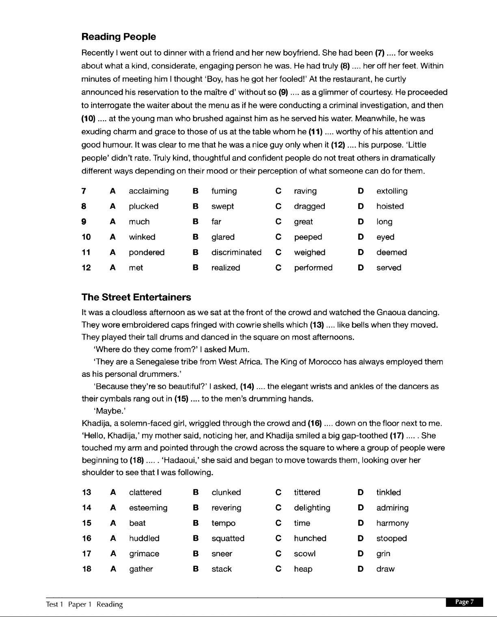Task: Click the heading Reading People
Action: pyautogui.click(x=119, y=37)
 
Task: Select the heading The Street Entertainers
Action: pyautogui.click(x=136, y=297)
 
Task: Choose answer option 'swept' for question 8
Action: pyautogui.click(x=223, y=206)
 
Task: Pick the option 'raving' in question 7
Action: pyautogui.click(x=305, y=191)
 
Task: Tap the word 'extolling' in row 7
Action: pyautogui.click(x=391, y=191)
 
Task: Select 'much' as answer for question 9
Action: pyautogui.click(x=139, y=222)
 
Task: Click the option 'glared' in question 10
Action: pyautogui.click(x=223, y=237)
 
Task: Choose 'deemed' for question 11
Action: pyautogui.click(x=391, y=252)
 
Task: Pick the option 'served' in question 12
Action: pyautogui.click(x=389, y=268)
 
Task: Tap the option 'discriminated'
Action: pyautogui.click(x=236, y=252)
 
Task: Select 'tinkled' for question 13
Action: pyautogui.click(x=388, y=492)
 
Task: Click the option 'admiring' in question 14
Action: pyautogui.click(x=392, y=508)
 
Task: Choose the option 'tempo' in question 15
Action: pyautogui.click(x=223, y=523)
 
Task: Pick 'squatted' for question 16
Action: pyautogui.click(x=228, y=539)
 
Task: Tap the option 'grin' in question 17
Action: pyautogui.click(x=383, y=554)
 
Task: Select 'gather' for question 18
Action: pyautogui.click(x=141, y=569)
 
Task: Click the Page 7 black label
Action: pyautogui.click(x=464, y=602)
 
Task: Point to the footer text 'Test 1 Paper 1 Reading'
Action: pyautogui.click(x=84, y=604)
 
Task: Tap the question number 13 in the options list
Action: pyautogui.click(x=86, y=492)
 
